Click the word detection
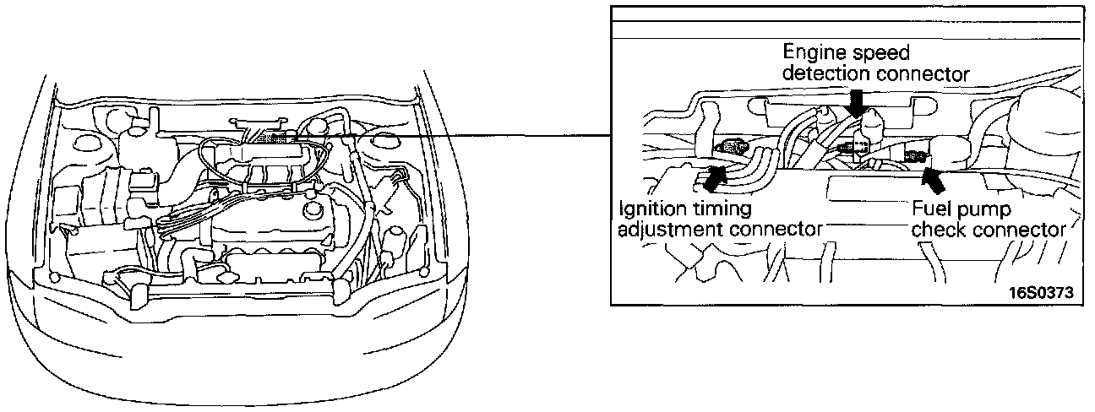pyautogui.click(x=825, y=73)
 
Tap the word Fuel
pyautogui.click(x=931, y=209)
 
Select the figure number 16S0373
pyautogui.click(x=1041, y=293)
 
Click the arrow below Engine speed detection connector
pyautogui.click(x=857, y=104)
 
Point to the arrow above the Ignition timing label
pyautogui.click(x=713, y=178)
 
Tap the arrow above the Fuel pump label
pyautogui.click(x=933, y=179)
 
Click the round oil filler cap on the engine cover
pyautogui.click(x=313, y=210)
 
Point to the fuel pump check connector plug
pyautogui.click(x=915, y=156)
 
